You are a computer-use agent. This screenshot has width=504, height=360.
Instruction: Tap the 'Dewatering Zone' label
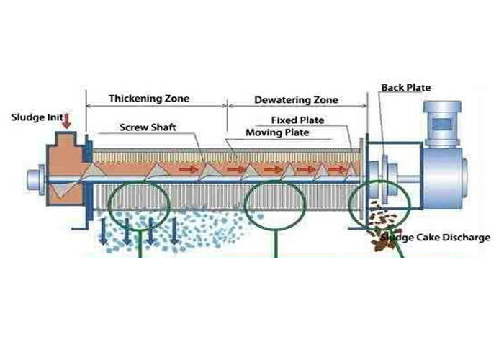(296, 100)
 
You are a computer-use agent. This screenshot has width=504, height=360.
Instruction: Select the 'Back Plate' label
(406, 88)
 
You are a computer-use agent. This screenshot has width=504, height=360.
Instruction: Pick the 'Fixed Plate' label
(297, 120)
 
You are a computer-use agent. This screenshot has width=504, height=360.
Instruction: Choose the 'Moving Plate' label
(277, 133)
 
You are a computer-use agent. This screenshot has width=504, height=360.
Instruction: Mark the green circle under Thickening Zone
(140, 204)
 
